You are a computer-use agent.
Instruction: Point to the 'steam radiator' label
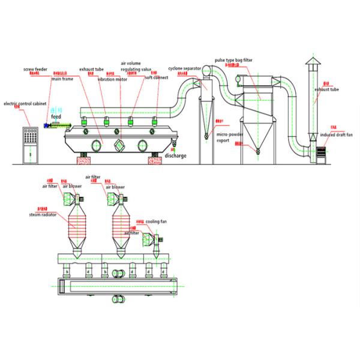pos(41,213)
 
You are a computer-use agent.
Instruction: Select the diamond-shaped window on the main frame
pos(121,144)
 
